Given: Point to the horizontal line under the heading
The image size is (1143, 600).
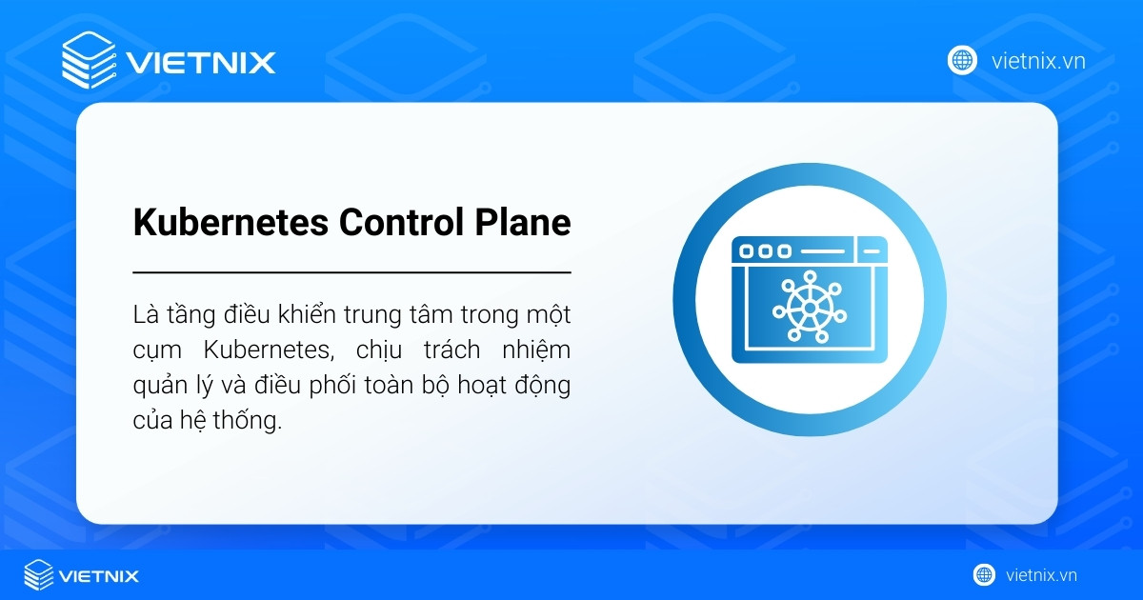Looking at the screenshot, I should (x=351, y=272).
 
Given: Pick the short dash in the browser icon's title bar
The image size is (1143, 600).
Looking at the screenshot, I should (x=870, y=251).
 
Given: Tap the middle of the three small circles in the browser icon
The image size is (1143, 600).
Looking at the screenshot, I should (x=765, y=251).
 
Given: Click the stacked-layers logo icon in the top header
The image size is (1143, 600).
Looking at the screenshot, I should (x=88, y=61).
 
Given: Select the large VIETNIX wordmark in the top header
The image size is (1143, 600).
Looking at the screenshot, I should (x=201, y=63).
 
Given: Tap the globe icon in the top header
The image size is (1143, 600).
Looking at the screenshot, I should (x=962, y=61).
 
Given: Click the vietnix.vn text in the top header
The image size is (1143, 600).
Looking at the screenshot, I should (x=1038, y=62).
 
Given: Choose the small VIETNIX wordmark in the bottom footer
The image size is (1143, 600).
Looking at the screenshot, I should (x=99, y=575).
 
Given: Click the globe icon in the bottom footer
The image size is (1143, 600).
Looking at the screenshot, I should (x=984, y=575).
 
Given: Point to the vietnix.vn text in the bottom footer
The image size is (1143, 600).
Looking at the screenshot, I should (x=1041, y=575).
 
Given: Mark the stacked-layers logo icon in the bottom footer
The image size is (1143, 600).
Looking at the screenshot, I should (x=38, y=574).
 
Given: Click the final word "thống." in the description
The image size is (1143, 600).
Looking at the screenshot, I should (x=251, y=422).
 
